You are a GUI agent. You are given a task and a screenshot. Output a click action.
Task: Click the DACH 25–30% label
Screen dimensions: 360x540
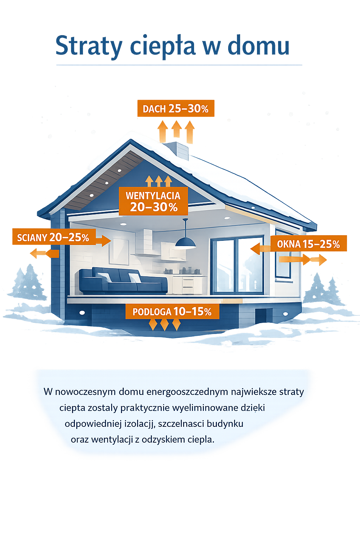point(176,108)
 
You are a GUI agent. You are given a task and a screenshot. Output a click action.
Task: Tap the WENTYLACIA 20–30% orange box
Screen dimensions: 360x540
point(153,201)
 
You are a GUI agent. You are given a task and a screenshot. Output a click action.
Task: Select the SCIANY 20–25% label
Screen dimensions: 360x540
point(54,237)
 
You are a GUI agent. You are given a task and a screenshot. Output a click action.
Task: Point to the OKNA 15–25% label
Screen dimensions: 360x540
point(308,244)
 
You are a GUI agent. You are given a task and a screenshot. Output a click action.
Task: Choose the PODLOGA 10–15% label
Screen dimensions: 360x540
point(172,311)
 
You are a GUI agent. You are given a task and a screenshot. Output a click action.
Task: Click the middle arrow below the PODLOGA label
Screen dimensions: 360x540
point(165,325)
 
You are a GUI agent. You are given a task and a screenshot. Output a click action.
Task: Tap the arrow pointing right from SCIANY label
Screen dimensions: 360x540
point(103,240)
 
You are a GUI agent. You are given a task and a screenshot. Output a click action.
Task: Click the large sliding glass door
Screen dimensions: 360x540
point(237,265)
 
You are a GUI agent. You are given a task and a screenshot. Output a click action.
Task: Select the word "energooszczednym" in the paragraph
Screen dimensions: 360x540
point(187,392)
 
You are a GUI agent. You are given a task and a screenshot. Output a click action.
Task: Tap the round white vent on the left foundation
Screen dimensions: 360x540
point(82,313)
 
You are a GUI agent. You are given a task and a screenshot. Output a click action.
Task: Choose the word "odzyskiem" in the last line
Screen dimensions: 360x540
point(163,440)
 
